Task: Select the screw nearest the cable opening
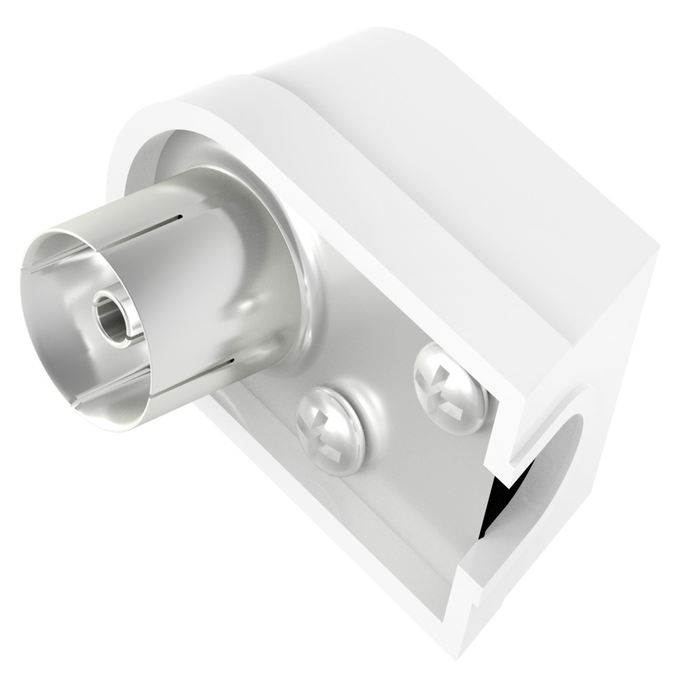[x=451, y=388]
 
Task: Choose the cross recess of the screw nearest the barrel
[x=328, y=431]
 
